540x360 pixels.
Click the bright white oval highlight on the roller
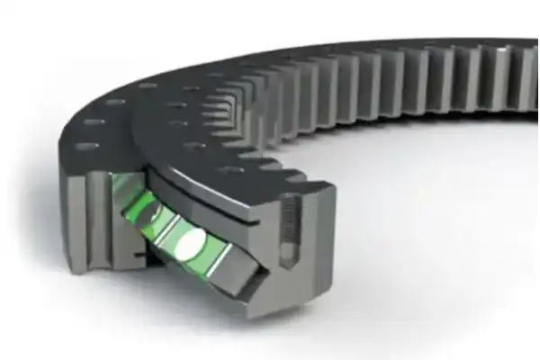[192, 243]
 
